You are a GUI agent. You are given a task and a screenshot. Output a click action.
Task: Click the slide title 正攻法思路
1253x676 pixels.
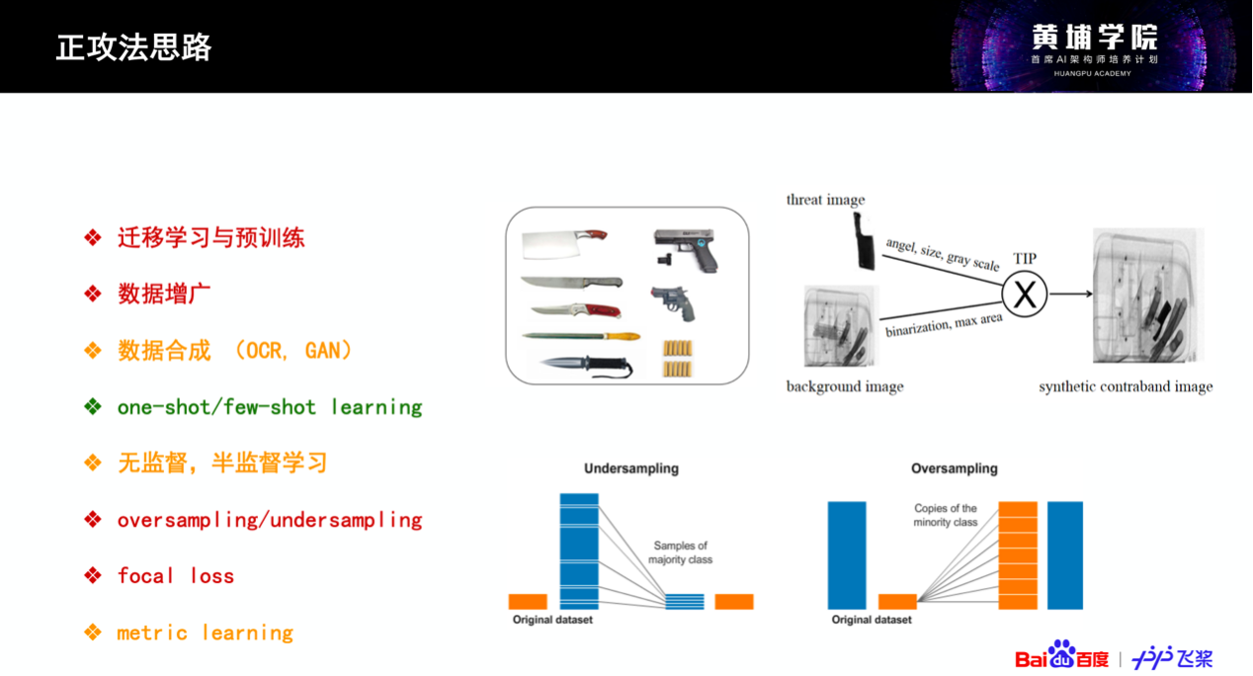(x=133, y=47)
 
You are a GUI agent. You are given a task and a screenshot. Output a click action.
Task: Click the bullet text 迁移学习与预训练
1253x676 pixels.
(x=210, y=237)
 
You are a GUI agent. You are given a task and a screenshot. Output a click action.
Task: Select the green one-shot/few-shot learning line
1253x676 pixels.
(x=270, y=407)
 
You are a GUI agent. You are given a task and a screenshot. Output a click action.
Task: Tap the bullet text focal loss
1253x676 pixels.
(x=176, y=575)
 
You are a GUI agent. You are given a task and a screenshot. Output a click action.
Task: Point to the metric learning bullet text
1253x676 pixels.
(x=206, y=633)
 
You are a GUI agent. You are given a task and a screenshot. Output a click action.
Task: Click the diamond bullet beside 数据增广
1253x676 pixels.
(x=93, y=294)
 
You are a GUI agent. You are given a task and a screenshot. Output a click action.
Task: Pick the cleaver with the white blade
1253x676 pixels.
(x=564, y=244)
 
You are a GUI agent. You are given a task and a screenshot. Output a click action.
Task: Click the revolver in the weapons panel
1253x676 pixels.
(x=674, y=303)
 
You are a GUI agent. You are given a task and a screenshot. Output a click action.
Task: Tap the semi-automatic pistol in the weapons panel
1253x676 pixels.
(x=686, y=249)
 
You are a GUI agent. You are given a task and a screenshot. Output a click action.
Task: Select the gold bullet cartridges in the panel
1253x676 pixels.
(x=678, y=358)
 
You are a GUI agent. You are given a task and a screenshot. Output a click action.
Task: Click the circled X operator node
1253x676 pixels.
(x=1024, y=294)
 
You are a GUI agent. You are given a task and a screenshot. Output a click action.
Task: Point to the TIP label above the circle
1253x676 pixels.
(x=1025, y=258)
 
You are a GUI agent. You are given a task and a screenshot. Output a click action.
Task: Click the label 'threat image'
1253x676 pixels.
(x=826, y=200)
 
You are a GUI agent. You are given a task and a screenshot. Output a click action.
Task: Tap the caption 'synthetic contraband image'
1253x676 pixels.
(x=1126, y=386)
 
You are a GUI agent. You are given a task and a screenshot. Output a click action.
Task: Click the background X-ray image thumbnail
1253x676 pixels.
(x=841, y=326)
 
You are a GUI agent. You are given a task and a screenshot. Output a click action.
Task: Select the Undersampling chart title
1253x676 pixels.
(x=631, y=468)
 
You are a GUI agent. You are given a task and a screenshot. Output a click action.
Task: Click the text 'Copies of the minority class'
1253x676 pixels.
(x=946, y=515)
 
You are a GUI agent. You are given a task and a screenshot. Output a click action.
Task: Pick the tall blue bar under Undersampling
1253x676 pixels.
(x=579, y=551)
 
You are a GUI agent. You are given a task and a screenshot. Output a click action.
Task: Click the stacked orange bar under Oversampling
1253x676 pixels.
(x=1018, y=555)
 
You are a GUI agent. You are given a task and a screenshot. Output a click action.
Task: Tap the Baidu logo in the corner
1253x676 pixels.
(x=1061, y=655)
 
